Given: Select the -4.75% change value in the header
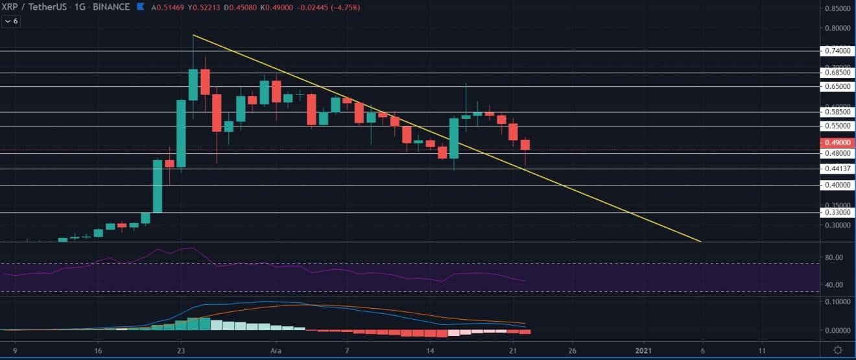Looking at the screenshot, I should click(x=347, y=7).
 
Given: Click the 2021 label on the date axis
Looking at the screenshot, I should click(x=644, y=350).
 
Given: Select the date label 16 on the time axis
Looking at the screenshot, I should click(x=97, y=350).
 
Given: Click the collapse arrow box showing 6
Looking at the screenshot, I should click(x=11, y=21).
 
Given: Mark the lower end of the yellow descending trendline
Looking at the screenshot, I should click(x=700, y=241).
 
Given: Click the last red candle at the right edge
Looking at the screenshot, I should click(x=525, y=145).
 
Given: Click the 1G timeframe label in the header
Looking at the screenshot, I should click(x=98, y=7).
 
